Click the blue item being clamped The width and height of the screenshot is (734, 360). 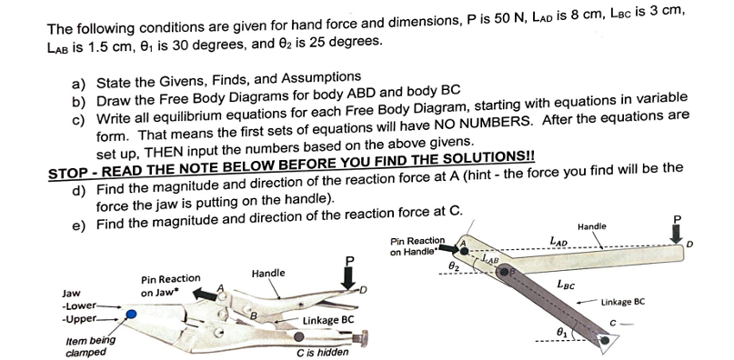pos(132,314)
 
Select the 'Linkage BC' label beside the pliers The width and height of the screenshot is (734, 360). pos(327,320)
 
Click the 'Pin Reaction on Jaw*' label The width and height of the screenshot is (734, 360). pos(170,285)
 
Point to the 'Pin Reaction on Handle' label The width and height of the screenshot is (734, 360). pos(417,246)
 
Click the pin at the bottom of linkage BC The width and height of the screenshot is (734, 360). pos(603,342)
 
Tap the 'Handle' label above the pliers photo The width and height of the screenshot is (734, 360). pos(268,273)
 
